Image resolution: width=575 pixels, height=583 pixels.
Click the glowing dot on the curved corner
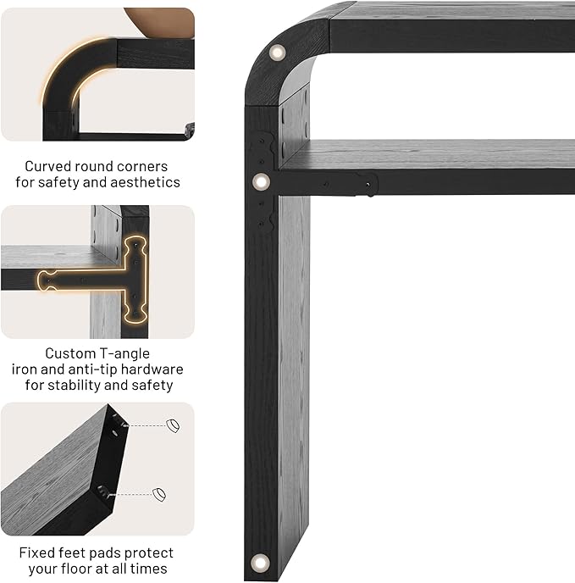click(277, 53)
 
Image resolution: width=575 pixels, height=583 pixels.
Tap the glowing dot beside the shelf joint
click(261, 182)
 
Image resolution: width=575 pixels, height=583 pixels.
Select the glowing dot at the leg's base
click(260, 562)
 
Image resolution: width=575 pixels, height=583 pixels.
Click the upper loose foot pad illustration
click(173, 425)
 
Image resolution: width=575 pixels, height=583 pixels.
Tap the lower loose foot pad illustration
click(159, 495)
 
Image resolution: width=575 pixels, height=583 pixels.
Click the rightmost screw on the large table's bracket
click(368, 185)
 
